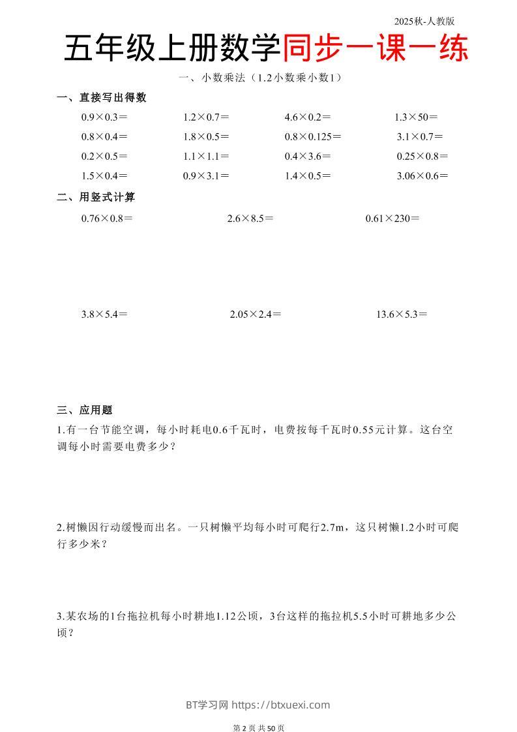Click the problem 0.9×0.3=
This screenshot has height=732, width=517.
tap(104, 117)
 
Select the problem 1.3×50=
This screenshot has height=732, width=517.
tap(416, 117)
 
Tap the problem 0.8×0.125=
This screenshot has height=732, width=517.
tap(313, 137)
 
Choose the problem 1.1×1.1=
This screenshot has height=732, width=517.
tap(206, 157)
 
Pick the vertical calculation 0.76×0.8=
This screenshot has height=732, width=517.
tap(107, 219)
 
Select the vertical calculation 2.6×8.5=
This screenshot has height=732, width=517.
tap(250, 219)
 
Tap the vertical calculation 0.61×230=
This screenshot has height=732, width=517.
tap(392, 219)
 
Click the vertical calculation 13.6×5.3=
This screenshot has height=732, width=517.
tap(402, 314)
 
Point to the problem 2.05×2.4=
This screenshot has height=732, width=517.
tap(256, 314)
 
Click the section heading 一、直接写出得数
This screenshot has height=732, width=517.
tap(102, 98)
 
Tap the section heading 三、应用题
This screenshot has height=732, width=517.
tap(85, 410)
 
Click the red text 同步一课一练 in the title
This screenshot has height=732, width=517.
tap(376, 49)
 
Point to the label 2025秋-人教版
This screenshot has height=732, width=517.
tap(424, 21)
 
